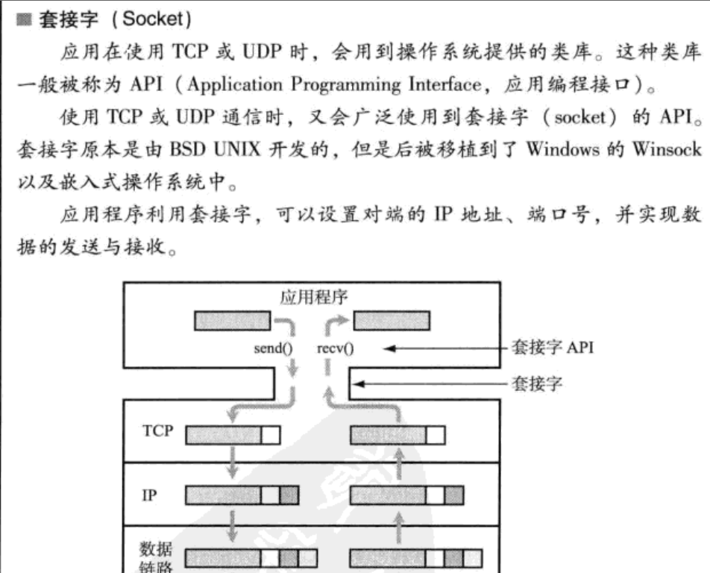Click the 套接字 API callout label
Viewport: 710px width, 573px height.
pyautogui.click(x=553, y=348)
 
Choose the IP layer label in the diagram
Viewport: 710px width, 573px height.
pyautogui.click(x=149, y=495)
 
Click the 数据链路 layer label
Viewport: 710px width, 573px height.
pyautogui.click(x=153, y=557)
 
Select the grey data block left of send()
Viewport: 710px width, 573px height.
pyautogui.click(x=232, y=320)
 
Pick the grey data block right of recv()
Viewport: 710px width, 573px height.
pyautogui.click(x=391, y=320)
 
